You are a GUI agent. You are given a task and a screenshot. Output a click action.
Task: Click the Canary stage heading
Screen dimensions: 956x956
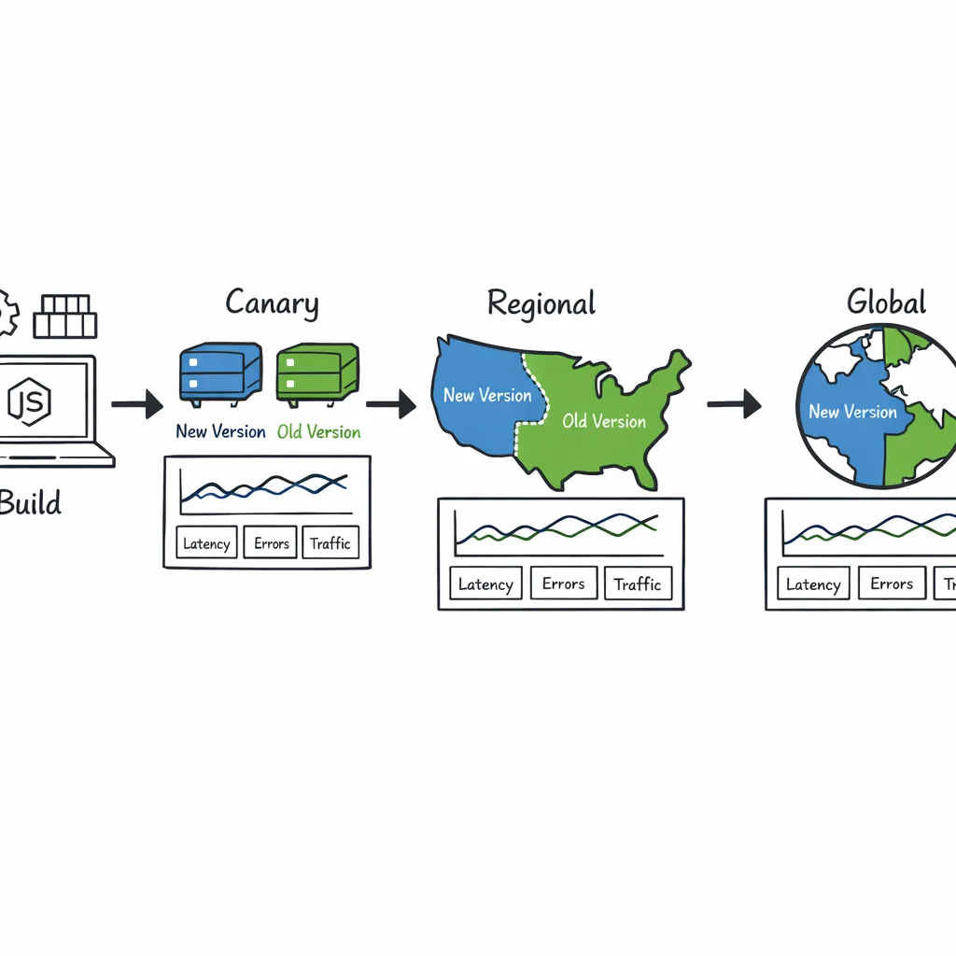click(x=272, y=303)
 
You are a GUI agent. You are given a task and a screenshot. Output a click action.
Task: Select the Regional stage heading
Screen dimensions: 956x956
click(x=541, y=303)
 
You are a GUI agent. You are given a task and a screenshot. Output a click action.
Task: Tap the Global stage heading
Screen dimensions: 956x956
click(x=886, y=302)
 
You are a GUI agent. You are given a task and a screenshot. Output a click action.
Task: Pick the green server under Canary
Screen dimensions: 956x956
click(x=317, y=373)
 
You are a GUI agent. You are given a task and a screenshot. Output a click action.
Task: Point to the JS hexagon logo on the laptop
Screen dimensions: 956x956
click(x=30, y=401)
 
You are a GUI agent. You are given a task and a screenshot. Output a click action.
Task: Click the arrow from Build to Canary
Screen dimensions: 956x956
click(x=136, y=405)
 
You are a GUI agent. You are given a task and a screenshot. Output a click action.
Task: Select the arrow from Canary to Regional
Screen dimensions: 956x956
click(x=390, y=405)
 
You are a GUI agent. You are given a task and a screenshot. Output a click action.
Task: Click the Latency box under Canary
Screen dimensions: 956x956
click(x=205, y=543)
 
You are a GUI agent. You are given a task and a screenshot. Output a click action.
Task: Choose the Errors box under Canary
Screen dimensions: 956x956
click(x=271, y=543)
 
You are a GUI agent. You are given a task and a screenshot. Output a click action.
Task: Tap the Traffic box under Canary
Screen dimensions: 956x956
click(x=330, y=543)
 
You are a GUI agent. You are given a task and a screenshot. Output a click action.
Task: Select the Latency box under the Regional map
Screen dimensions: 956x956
click(x=485, y=584)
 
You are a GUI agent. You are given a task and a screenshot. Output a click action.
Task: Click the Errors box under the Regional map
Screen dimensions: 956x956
click(x=563, y=583)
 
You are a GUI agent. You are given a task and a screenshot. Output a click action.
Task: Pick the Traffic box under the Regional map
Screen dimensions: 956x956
click(x=638, y=584)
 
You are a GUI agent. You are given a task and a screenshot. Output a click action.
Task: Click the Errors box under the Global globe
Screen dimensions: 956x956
click(x=892, y=583)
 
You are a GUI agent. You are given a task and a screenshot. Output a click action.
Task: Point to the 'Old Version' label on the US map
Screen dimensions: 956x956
click(x=604, y=421)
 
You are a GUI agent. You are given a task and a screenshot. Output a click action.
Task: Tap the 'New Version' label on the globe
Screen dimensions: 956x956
click(x=852, y=412)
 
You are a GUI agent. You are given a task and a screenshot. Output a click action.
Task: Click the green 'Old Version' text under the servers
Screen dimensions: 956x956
click(x=318, y=432)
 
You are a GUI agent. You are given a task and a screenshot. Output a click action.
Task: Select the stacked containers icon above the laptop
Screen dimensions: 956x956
click(x=64, y=316)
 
